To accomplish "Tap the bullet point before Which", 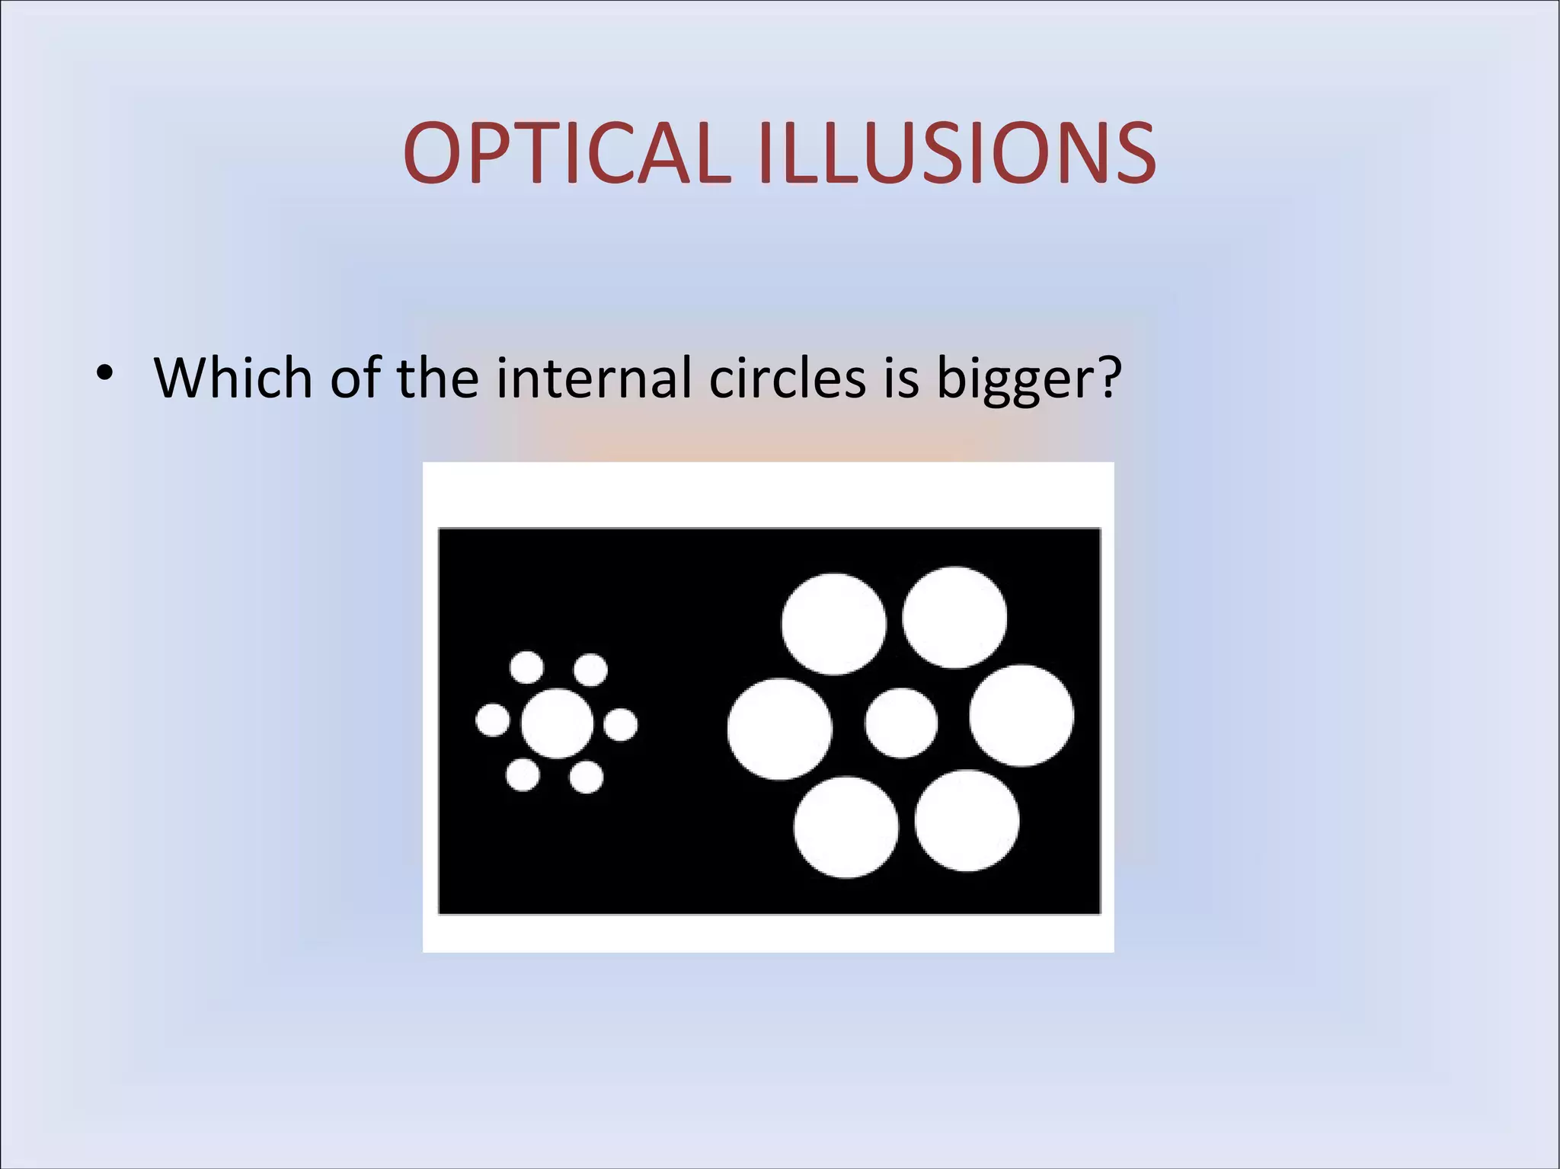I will coord(104,373).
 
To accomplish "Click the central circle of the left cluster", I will coord(557,723).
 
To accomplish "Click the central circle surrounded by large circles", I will coord(901,723).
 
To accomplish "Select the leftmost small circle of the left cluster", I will coord(493,720).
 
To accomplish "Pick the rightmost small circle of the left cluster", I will coord(621,724).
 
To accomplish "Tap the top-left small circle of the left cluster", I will coord(526,668).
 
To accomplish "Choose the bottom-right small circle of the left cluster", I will coord(587,778).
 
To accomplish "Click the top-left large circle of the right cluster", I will coord(834,624).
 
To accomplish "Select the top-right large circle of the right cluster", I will coord(954,617).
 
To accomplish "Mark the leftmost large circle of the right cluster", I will coord(779,729).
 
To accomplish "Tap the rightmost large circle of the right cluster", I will coord(1021,715).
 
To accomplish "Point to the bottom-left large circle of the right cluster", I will coord(846,827).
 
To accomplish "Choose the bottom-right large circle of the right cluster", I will coord(967,820).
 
